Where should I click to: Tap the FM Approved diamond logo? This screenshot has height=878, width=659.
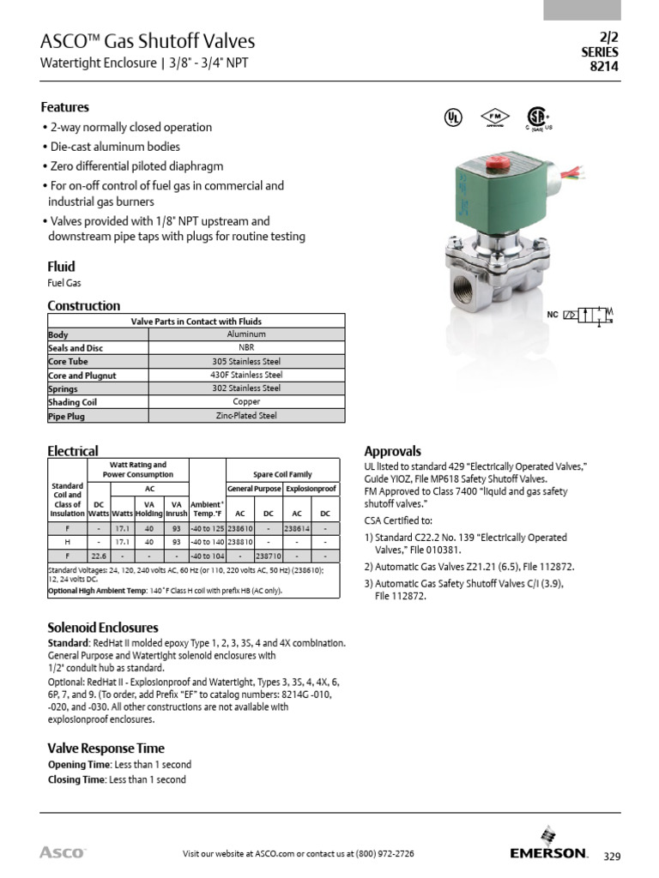point(494,118)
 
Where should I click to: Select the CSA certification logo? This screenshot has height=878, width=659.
point(537,120)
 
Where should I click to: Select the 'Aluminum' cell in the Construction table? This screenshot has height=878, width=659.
point(246,334)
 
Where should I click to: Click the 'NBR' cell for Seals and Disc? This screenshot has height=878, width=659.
point(246,348)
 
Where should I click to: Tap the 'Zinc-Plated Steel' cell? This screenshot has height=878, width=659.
point(246,416)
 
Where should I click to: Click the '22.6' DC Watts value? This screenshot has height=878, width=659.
point(99,556)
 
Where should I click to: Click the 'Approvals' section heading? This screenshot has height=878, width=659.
point(392,451)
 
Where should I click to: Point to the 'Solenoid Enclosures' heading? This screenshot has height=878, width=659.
point(102,628)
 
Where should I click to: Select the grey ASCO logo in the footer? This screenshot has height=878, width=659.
point(62,852)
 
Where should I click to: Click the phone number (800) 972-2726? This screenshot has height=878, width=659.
point(378,854)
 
